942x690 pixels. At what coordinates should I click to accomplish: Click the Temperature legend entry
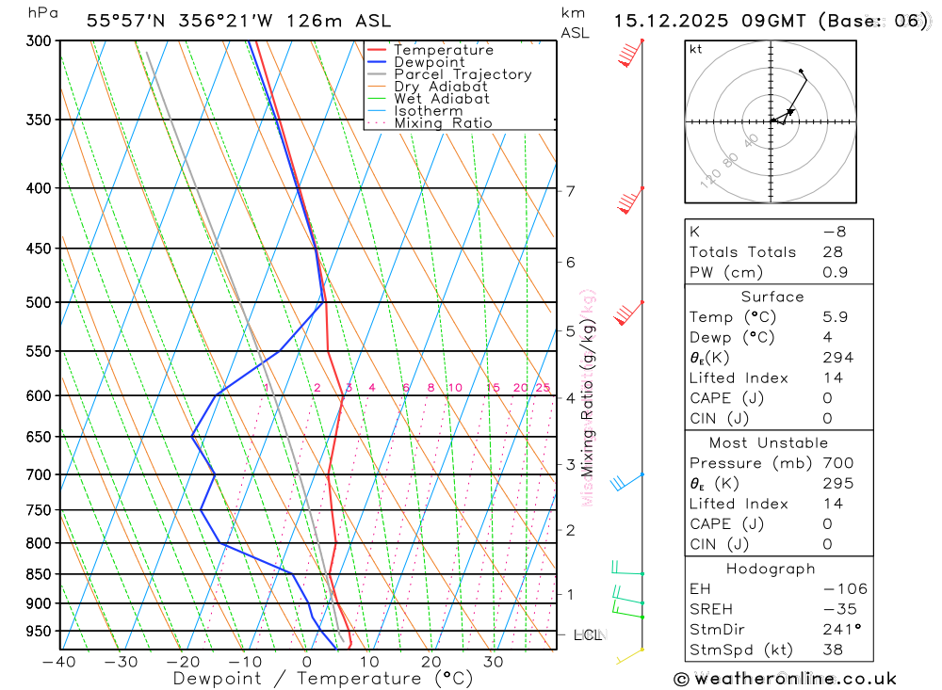443,50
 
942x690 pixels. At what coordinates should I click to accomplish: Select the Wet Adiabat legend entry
441,99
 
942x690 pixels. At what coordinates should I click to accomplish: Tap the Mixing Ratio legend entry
443,123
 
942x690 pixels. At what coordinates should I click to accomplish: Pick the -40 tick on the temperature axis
58,662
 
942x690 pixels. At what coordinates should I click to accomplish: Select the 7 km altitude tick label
570,191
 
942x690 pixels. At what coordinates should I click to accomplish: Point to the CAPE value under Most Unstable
826,523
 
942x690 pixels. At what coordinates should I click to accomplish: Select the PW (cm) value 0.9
835,273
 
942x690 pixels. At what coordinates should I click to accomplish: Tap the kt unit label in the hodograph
696,49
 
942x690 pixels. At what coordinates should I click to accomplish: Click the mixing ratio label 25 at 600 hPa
543,388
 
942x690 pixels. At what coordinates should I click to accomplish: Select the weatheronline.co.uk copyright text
786,679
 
